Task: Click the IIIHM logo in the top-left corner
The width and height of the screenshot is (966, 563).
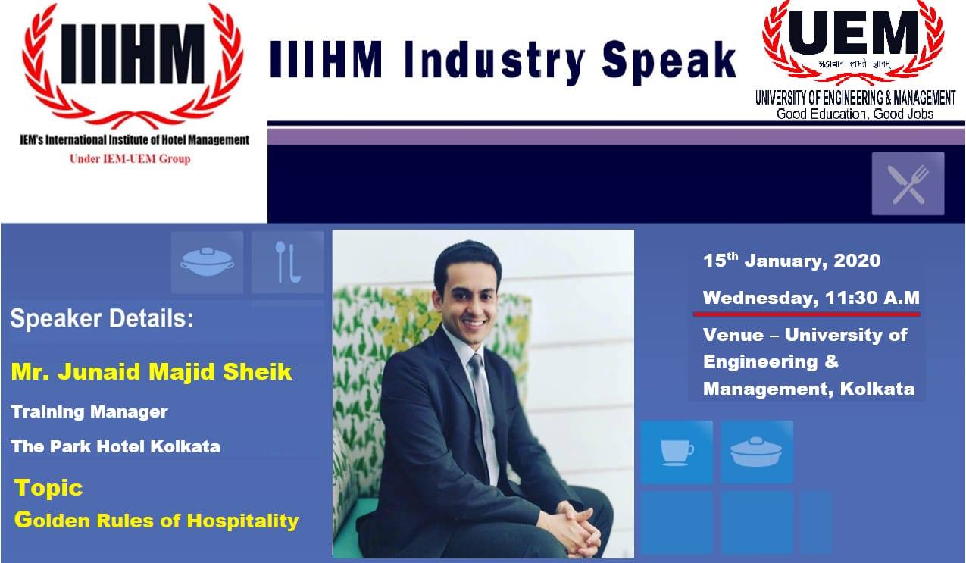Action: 133,64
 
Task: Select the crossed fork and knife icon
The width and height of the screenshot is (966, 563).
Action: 908,183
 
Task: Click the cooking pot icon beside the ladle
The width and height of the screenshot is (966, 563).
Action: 207,262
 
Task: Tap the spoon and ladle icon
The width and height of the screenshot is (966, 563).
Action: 287,262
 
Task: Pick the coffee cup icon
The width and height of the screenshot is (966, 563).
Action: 676,452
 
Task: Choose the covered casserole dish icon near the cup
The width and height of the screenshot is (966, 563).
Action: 756,452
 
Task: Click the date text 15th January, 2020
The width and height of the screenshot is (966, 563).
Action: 792,261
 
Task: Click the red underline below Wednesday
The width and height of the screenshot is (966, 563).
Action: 807,313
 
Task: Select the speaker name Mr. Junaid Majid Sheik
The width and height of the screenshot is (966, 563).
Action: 152,373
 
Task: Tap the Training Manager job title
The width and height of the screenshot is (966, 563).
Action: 89,412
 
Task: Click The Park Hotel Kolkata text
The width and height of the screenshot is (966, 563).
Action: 116,446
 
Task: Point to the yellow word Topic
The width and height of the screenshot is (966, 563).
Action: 48,488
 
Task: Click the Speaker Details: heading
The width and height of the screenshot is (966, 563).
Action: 102,319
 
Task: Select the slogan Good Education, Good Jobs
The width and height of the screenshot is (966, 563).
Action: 855,114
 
